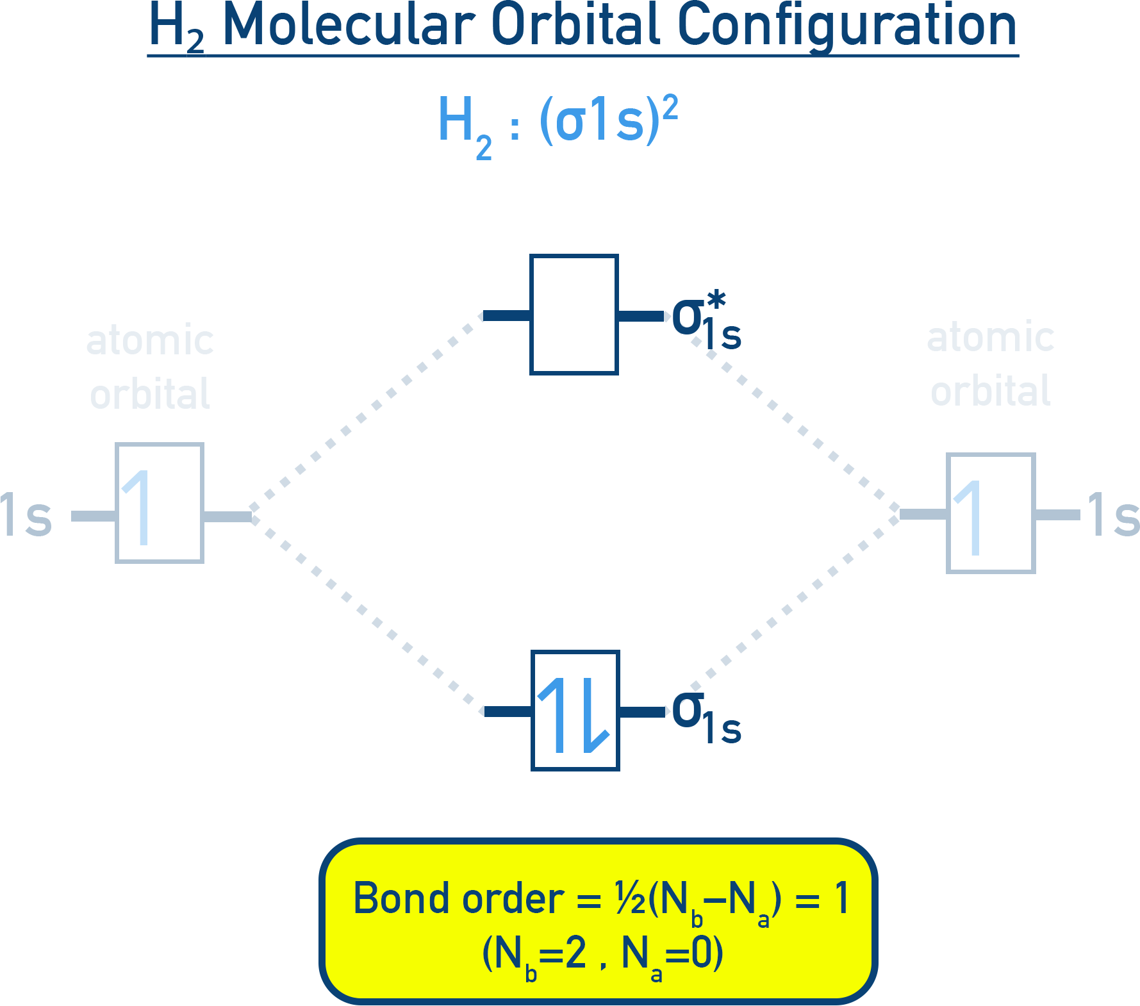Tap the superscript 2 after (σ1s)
pyautogui.click(x=670, y=107)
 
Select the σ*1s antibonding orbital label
pyautogui.click(x=705, y=324)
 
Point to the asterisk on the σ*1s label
pyautogui.click(x=716, y=300)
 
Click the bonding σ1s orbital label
pyautogui.click(x=705, y=718)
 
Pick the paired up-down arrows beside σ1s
pyautogui.click(x=572, y=715)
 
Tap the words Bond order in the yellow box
pyautogui.click(x=458, y=898)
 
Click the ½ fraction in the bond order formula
pyautogui.click(x=630, y=898)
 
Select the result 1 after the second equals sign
pyautogui.click(x=841, y=898)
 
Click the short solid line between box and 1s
pyautogui.click(x=1057, y=515)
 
